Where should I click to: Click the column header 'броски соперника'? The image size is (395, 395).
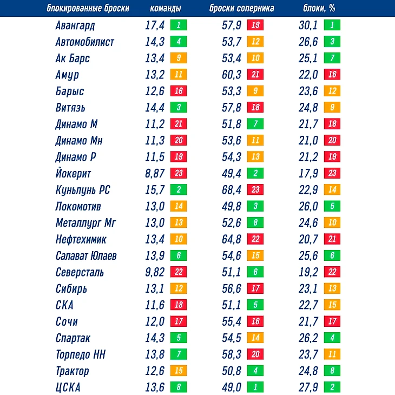click(241, 9)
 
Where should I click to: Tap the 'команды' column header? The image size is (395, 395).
click(165, 9)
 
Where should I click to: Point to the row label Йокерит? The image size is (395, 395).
click(73, 174)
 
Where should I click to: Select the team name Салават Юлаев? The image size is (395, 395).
click(86, 256)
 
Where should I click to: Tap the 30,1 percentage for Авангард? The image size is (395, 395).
click(308, 25)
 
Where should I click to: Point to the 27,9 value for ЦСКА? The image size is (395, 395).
click(308, 387)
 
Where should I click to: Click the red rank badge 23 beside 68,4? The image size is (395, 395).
click(255, 190)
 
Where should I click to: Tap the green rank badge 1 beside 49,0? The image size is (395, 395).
click(255, 387)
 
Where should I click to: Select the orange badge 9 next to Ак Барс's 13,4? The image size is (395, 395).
click(178, 58)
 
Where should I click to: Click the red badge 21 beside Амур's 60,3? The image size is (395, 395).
click(255, 75)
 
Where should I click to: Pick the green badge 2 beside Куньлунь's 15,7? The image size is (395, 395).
click(178, 190)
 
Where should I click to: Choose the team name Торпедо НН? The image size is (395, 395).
click(81, 354)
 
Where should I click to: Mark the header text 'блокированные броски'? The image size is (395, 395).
click(88, 9)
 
